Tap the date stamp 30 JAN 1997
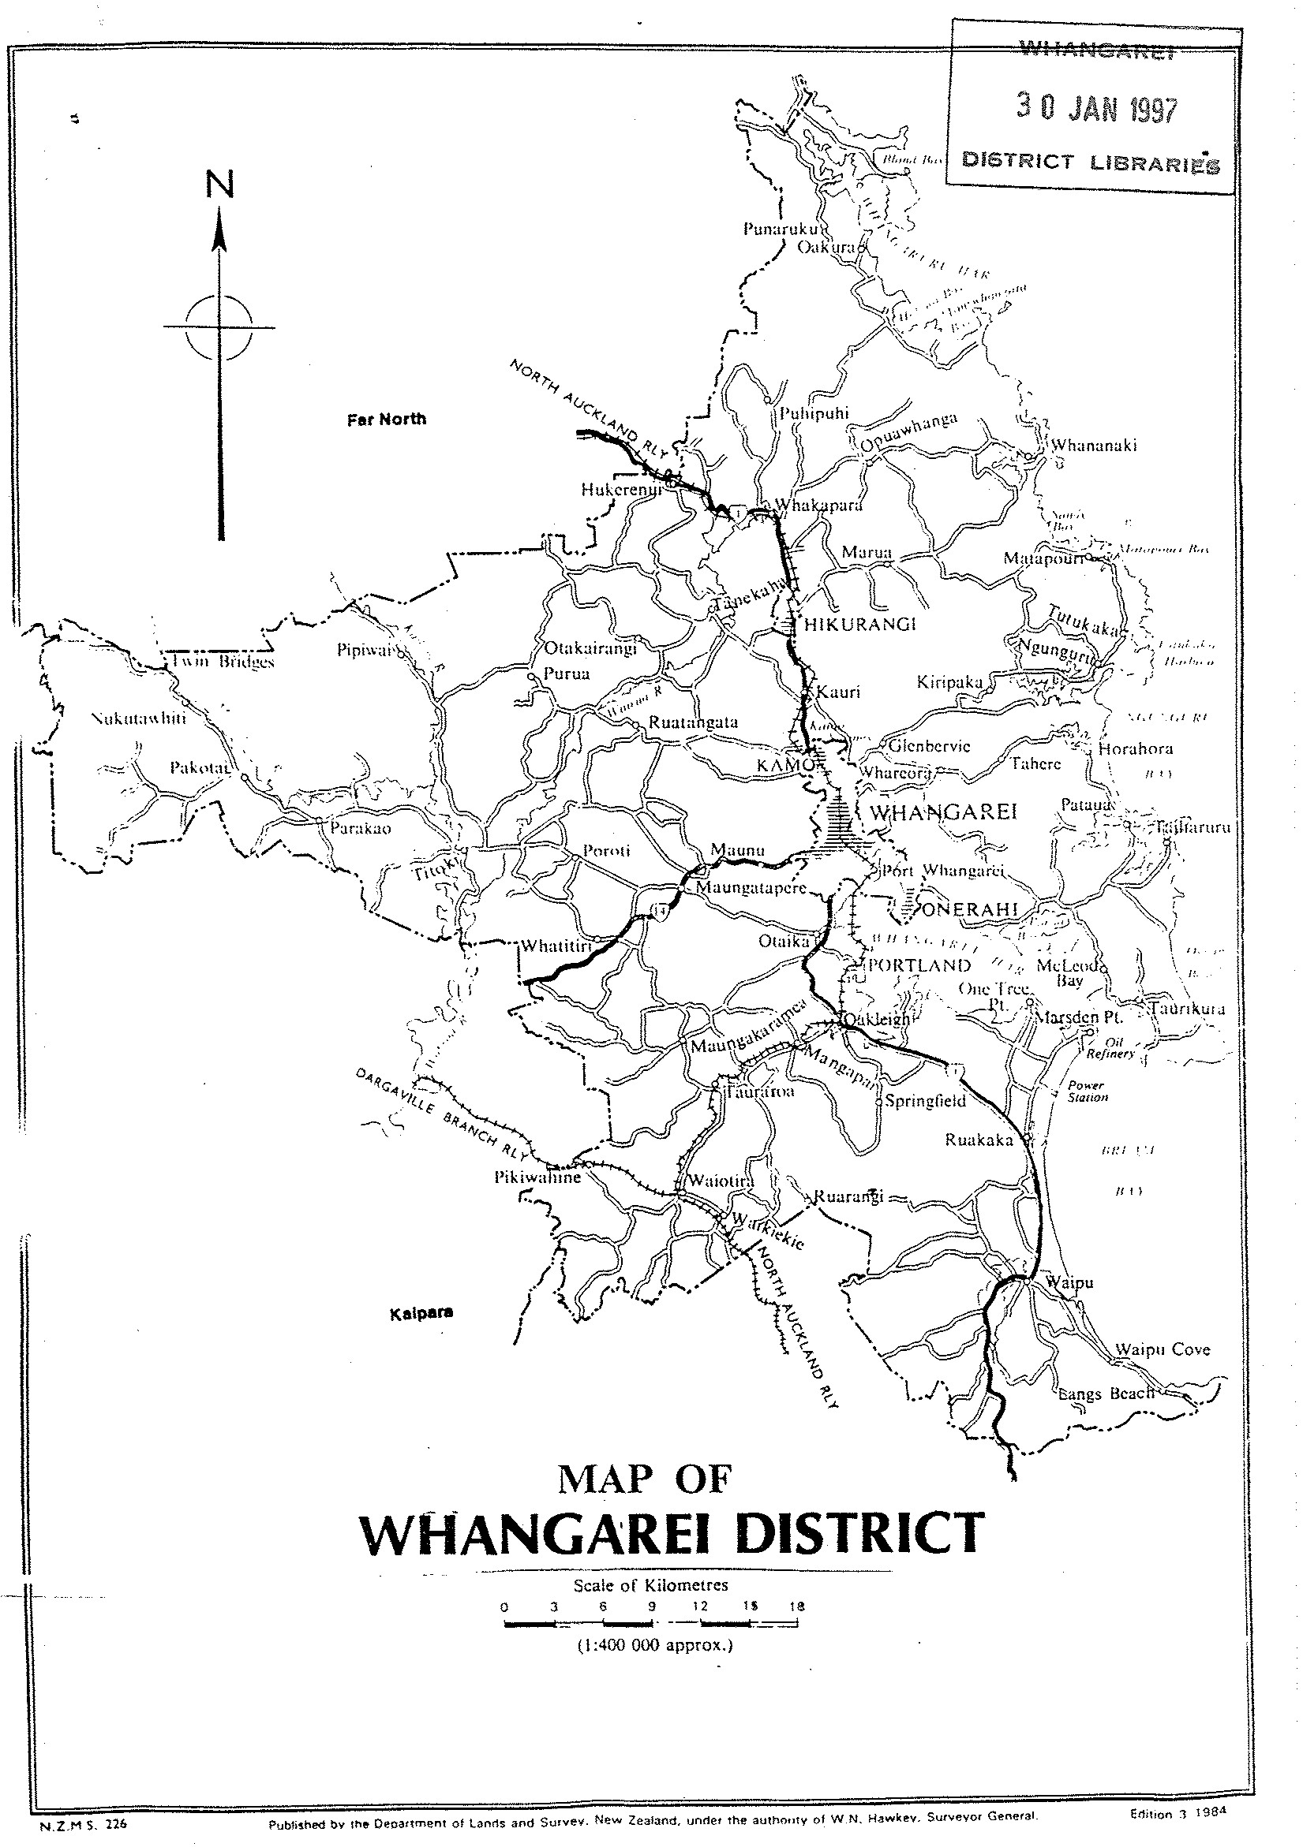point(1096,109)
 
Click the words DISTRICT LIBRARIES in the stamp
point(1091,162)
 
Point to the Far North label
point(386,419)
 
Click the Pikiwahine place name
point(537,1177)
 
